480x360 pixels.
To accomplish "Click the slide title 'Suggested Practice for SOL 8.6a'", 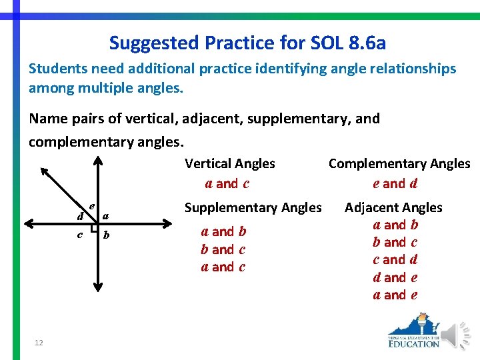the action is tap(247, 43).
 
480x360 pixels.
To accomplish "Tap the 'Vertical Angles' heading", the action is tap(229, 163).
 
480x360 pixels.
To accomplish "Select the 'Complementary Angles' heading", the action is tap(399, 163).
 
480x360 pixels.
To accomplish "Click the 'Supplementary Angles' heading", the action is tap(253, 207).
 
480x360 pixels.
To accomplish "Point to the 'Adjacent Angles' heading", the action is tap(393, 207).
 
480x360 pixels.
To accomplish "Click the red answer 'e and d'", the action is tap(395, 183).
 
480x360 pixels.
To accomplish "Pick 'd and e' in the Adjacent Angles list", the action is tap(395, 277).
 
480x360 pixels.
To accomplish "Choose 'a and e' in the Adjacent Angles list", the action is tap(395, 295).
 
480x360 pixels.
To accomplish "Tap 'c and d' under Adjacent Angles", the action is tap(395, 260).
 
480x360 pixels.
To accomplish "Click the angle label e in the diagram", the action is tap(91, 206).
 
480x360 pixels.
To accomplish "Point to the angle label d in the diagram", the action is tap(80, 217).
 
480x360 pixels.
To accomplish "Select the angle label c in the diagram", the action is tap(80, 235).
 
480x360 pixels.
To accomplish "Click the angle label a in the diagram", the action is tap(106, 215).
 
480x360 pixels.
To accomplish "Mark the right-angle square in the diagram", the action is tap(95, 229).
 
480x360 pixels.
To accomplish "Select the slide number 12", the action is tap(39, 343).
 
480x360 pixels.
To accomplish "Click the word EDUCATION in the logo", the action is tap(414, 343).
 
